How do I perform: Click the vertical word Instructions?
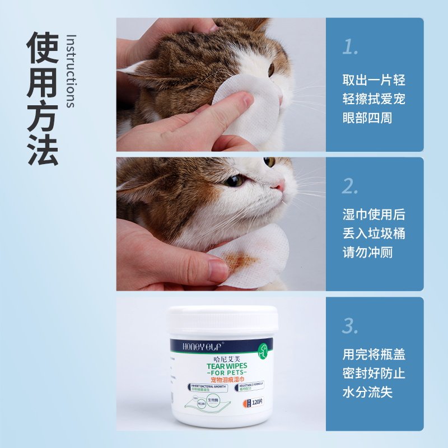tap(71, 71)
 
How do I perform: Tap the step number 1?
tap(350, 48)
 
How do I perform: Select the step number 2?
tap(351, 186)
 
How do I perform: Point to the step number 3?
tap(351, 325)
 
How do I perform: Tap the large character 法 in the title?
tap(43, 148)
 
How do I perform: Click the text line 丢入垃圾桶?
tap(374, 234)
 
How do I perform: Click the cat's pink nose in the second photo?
tap(279, 185)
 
